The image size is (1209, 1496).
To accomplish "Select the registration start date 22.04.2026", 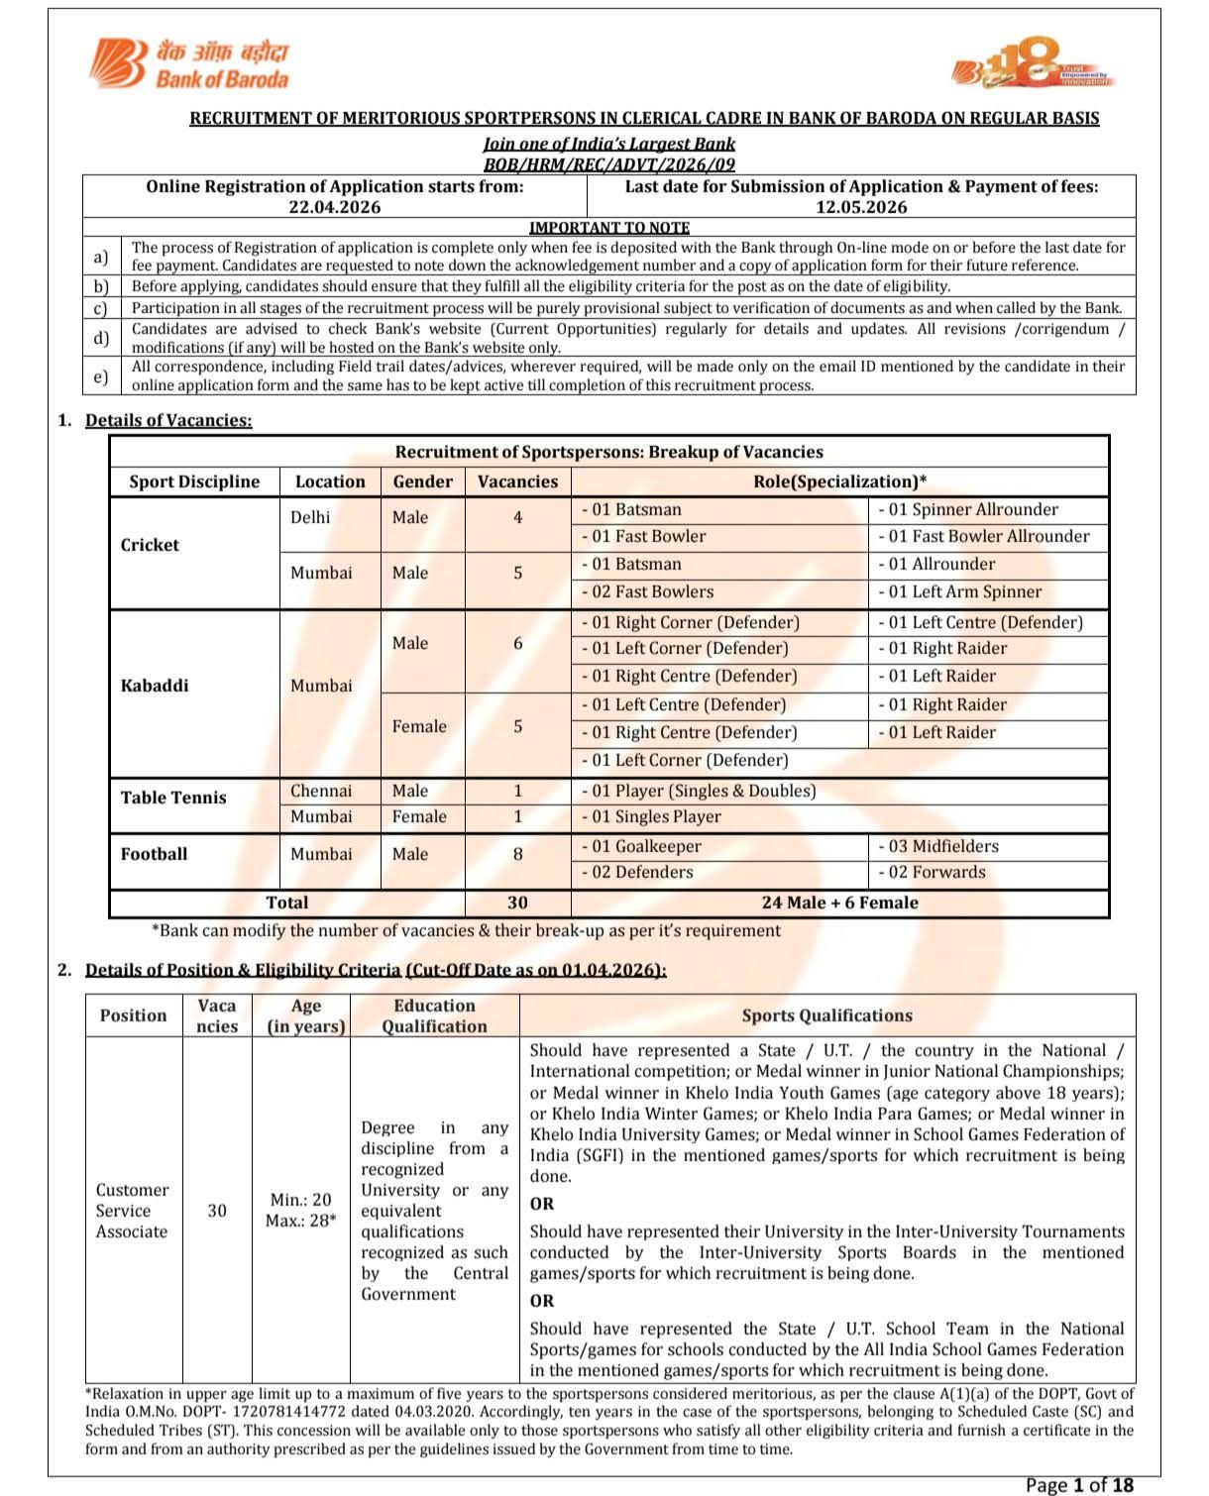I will click(x=334, y=207).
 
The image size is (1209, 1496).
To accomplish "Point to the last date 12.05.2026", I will click(x=861, y=207).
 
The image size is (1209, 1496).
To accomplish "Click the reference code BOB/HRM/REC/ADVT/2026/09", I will click(x=608, y=164).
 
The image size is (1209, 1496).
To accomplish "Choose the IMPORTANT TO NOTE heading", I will click(x=608, y=227).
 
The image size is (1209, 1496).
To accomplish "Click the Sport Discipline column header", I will click(x=194, y=481).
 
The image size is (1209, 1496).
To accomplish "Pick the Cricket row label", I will click(x=150, y=545).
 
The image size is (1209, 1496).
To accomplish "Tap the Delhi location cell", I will click(x=310, y=517).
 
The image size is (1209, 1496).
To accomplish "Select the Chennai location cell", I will click(x=320, y=791).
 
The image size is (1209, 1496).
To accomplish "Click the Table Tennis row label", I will click(x=173, y=798).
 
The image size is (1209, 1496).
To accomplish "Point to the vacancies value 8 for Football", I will click(x=517, y=854).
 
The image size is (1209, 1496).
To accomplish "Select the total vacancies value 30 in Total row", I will click(x=517, y=903).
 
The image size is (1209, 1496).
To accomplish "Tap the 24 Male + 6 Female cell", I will click(x=839, y=903).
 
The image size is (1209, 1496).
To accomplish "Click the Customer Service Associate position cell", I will click(x=132, y=1211).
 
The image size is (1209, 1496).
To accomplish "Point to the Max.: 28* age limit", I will click(x=300, y=1221).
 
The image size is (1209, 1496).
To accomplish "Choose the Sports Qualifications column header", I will click(x=826, y=1015).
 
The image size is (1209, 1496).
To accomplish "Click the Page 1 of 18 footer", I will click(x=1079, y=1484).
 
